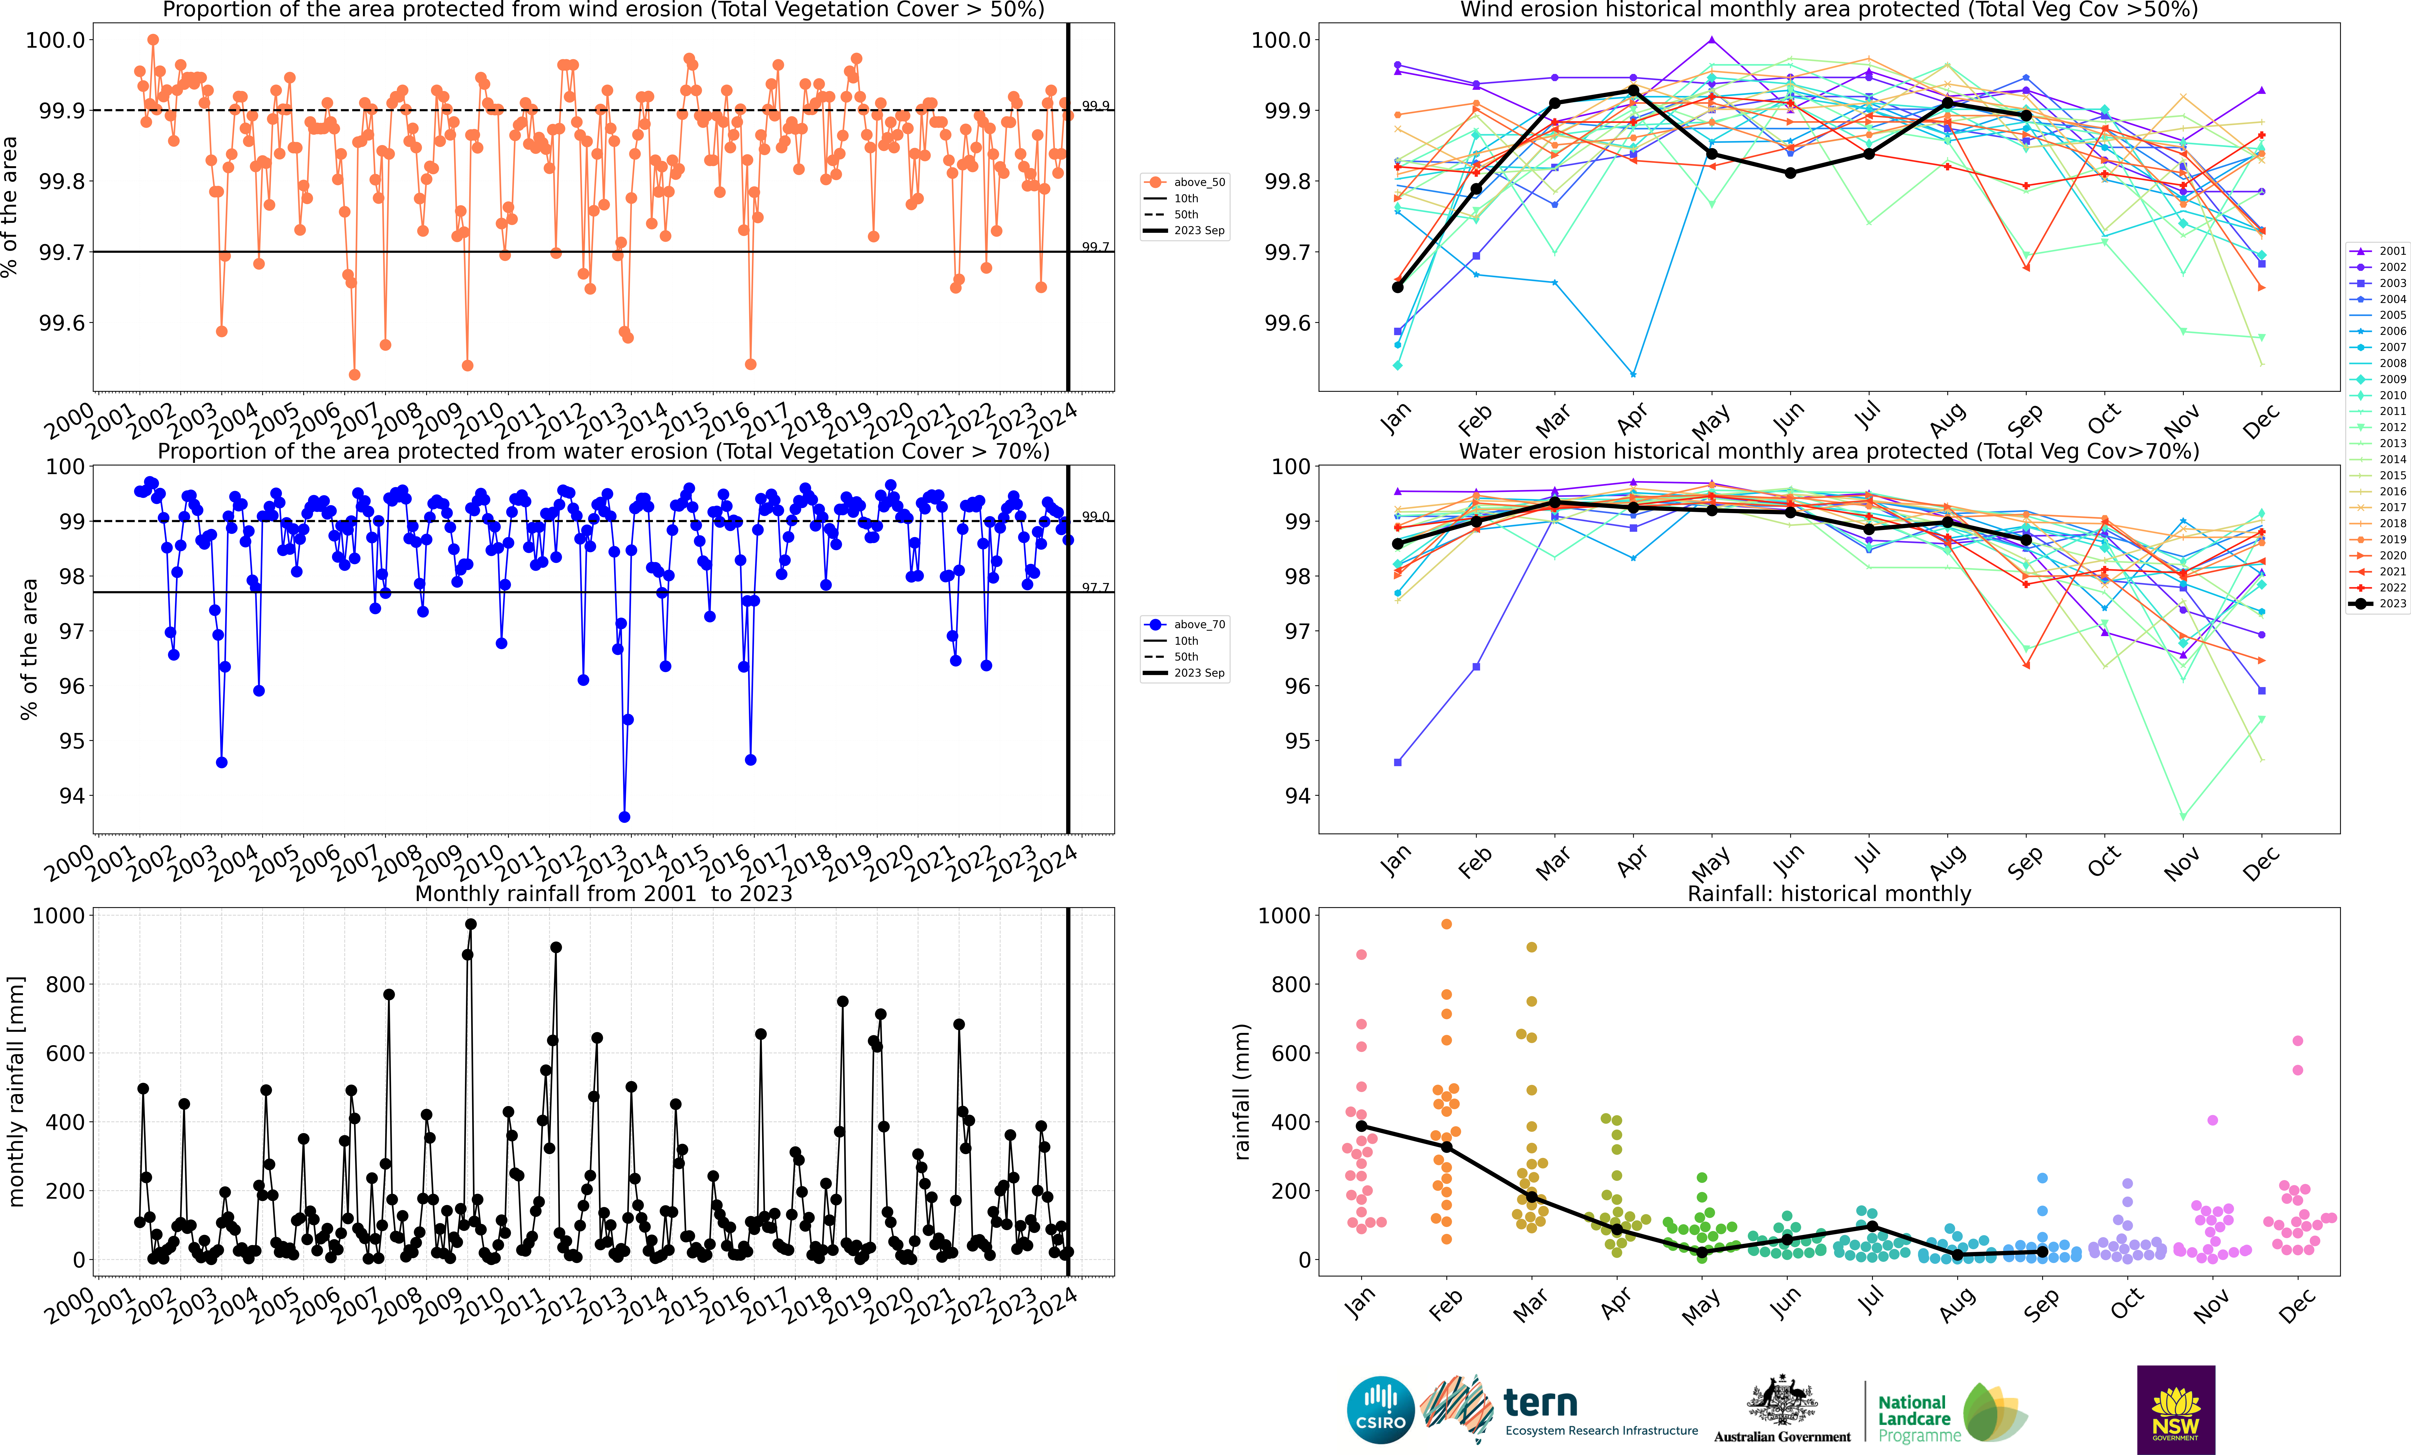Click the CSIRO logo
1381,1410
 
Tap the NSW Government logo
2176,1410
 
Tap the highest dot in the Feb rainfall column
1446,924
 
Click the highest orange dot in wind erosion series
153,40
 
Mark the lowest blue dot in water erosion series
624,817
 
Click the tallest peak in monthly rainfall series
471,924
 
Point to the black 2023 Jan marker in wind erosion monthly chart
1397,287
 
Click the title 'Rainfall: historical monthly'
1829,893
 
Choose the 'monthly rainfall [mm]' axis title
16,1091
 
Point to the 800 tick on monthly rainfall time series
66,984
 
